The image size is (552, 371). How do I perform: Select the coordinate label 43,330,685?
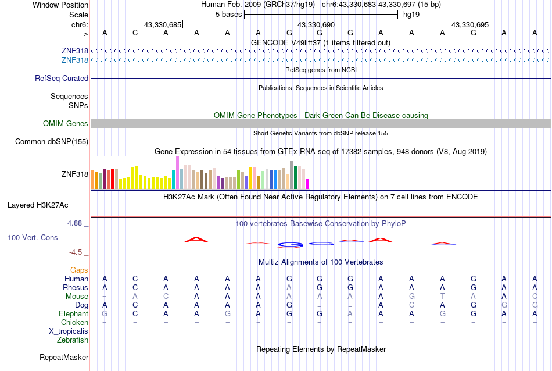pos(163,24)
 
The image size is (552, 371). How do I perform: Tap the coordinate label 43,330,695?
pos(471,24)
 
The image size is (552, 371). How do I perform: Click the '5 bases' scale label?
pos(227,15)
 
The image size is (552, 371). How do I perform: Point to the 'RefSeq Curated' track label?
pos(62,78)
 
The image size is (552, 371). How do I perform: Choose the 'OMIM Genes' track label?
pos(66,123)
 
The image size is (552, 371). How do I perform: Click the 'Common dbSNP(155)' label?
pos(52,141)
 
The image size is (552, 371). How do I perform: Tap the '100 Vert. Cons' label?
pos(33,237)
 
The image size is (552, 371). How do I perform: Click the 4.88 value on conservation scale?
pos(76,223)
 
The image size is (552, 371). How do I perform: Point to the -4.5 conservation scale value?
pos(77,252)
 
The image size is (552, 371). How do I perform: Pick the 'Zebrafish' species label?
pos(73,340)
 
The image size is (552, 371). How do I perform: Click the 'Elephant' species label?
pos(73,313)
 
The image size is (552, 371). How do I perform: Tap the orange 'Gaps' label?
pos(79,270)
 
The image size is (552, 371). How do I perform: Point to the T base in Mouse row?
pos(442,296)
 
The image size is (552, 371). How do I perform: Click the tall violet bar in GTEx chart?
pos(177,172)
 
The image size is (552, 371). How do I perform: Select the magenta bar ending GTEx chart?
pos(308,183)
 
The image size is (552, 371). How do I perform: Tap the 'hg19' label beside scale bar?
pos(411,15)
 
